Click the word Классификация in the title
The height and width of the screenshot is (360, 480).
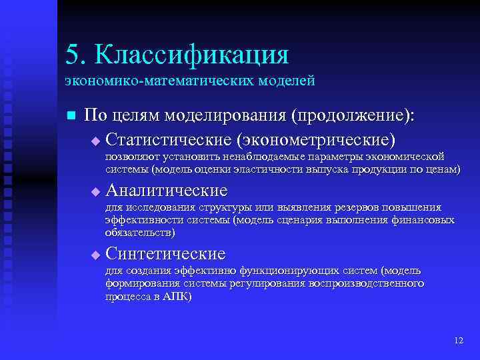191,55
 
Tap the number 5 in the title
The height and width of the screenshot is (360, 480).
72,55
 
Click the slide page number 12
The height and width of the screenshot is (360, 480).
458,340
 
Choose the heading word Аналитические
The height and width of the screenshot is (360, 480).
166,191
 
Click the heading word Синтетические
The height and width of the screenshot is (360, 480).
165,254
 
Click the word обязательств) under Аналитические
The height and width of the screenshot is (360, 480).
141,233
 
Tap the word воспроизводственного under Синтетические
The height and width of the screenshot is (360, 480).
366,283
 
